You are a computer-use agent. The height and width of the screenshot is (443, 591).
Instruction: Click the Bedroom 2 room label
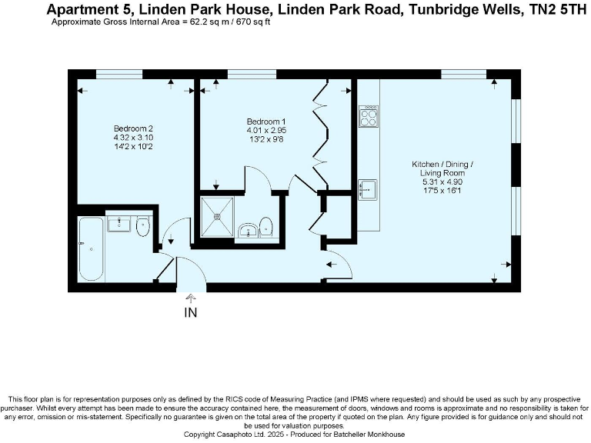[x=134, y=128]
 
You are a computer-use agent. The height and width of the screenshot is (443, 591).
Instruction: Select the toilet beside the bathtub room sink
[x=142, y=226]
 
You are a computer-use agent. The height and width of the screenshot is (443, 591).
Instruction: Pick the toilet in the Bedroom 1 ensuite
[x=265, y=226]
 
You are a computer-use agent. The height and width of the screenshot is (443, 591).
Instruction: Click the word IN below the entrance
[x=191, y=313]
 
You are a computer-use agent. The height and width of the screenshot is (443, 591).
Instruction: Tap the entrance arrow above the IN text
[x=191, y=298]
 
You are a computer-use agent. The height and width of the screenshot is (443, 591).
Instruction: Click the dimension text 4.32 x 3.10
[x=134, y=137]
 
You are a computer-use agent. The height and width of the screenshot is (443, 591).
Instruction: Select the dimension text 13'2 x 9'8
[x=266, y=139]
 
